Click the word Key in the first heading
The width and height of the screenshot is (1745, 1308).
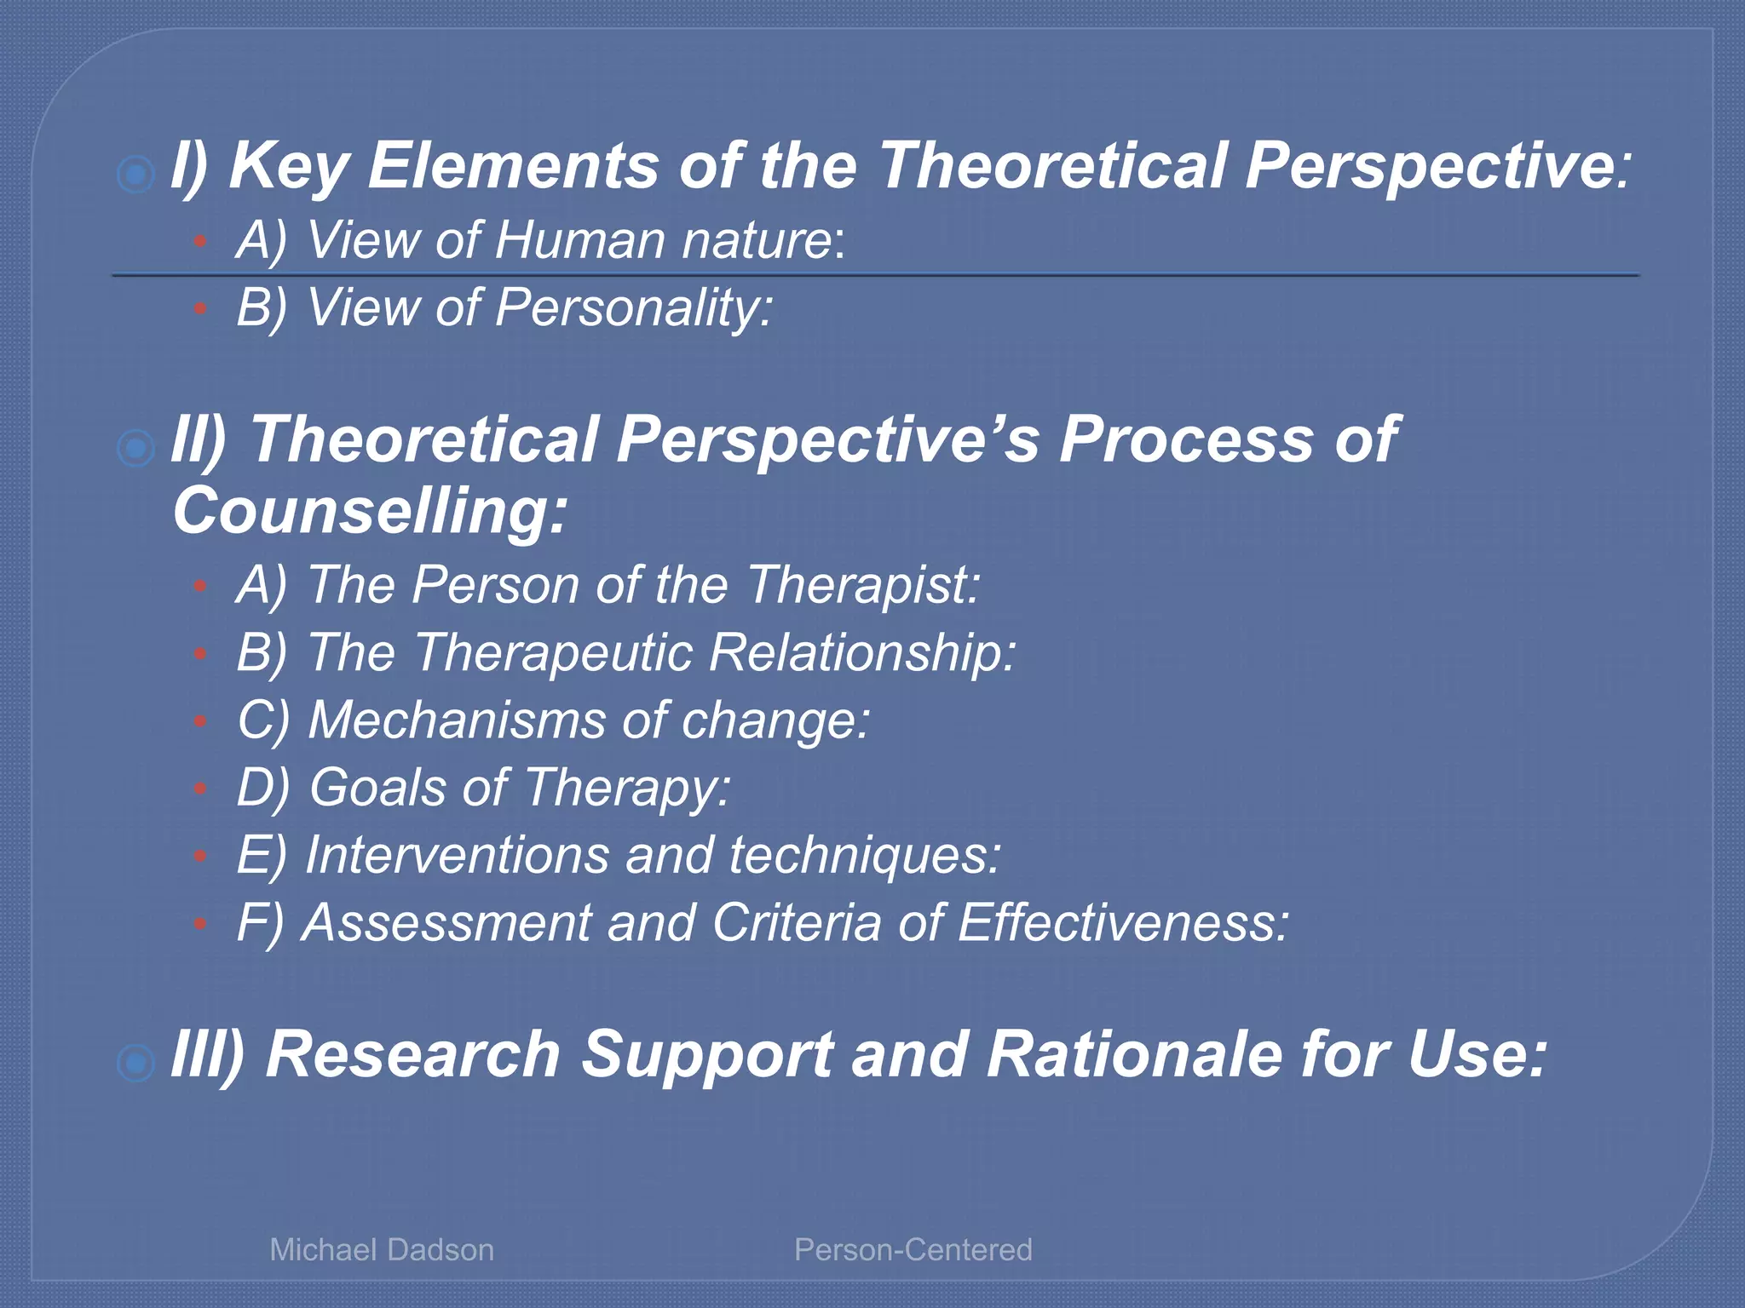click(288, 166)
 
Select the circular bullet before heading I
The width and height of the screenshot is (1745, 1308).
click(135, 175)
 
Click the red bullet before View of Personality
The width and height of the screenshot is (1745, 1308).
click(200, 309)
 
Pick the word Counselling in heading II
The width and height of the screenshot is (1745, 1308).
click(369, 511)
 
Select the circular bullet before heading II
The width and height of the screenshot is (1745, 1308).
click(135, 448)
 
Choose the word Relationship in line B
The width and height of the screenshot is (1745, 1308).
click(861, 653)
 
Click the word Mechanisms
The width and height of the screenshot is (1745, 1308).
click(456, 720)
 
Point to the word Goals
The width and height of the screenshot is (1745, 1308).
click(377, 788)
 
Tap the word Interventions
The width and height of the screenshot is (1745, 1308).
click(456, 855)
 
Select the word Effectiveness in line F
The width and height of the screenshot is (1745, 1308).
click(1122, 923)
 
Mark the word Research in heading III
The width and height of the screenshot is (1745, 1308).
click(412, 1055)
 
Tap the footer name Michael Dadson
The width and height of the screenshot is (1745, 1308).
click(382, 1250)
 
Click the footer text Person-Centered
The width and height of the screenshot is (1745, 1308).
click(913, 1250)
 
